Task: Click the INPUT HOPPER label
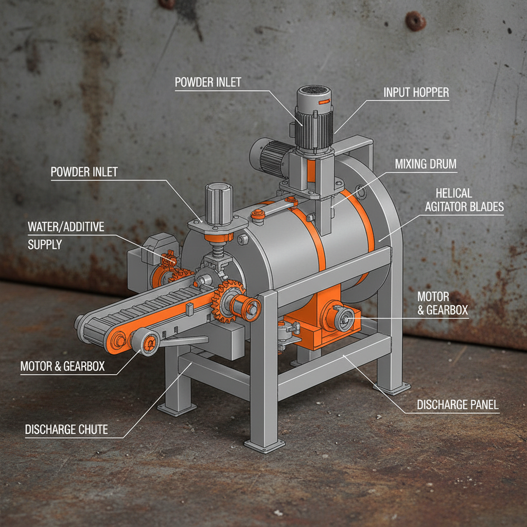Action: point(416,93)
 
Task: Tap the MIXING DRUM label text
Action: point(426,164)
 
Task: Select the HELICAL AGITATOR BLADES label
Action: point(469,200)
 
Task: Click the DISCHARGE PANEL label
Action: point(458,405)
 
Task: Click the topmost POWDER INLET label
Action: point(208,82)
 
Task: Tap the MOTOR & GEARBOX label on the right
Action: point(433,303)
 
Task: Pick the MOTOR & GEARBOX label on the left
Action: point(62,366)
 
